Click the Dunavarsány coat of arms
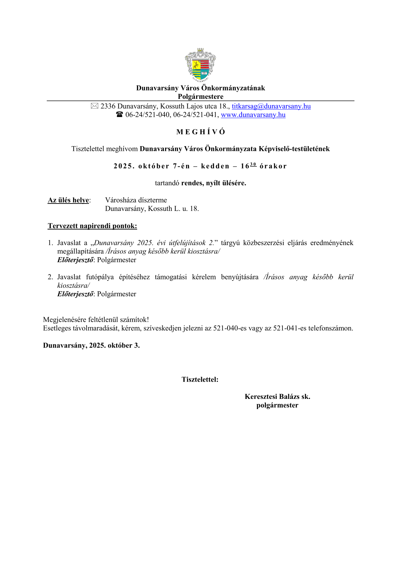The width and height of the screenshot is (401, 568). pyautogui.click(x=200, y=65)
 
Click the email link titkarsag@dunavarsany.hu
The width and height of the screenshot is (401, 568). pyautogui.click(x=271, y=106)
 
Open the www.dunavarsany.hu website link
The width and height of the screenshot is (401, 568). pyautogui.click(x=253, y=115)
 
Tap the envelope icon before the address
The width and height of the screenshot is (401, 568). pyautogui.click(x=94, y=106)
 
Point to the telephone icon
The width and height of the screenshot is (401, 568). pyautogui.click(x=119, y=115)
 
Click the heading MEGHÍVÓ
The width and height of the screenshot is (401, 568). pyautogui.click(x=201, y=132)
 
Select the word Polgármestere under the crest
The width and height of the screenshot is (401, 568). pyautogui.click(x=201, y=97)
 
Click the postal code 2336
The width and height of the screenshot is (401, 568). pyautogui.click(x=108, y=106)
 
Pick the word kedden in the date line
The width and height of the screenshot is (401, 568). pyautogui.click(x=215, y=166)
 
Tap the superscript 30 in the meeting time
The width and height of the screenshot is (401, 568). pyautogui.click(x=253, y=164)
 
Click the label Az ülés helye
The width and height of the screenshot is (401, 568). pyautogui.click(x=68, y=200)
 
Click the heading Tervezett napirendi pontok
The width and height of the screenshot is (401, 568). pyautogui.click(x=92, y=226)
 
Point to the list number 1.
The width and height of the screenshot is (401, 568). pyautogui.click(x=50, y=243)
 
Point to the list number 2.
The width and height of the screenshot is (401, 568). pyautogui.click(x=50, y=277)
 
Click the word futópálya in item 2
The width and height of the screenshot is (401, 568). pyautogui.click(x=100, y=277)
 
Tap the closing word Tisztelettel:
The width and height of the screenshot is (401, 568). pyautogui.click(x=200, y=379)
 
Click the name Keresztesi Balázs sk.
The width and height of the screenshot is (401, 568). pyautogui.click(x=277, y=397)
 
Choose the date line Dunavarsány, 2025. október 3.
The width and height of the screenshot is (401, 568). pyautogui.click(x=91, y=345)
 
